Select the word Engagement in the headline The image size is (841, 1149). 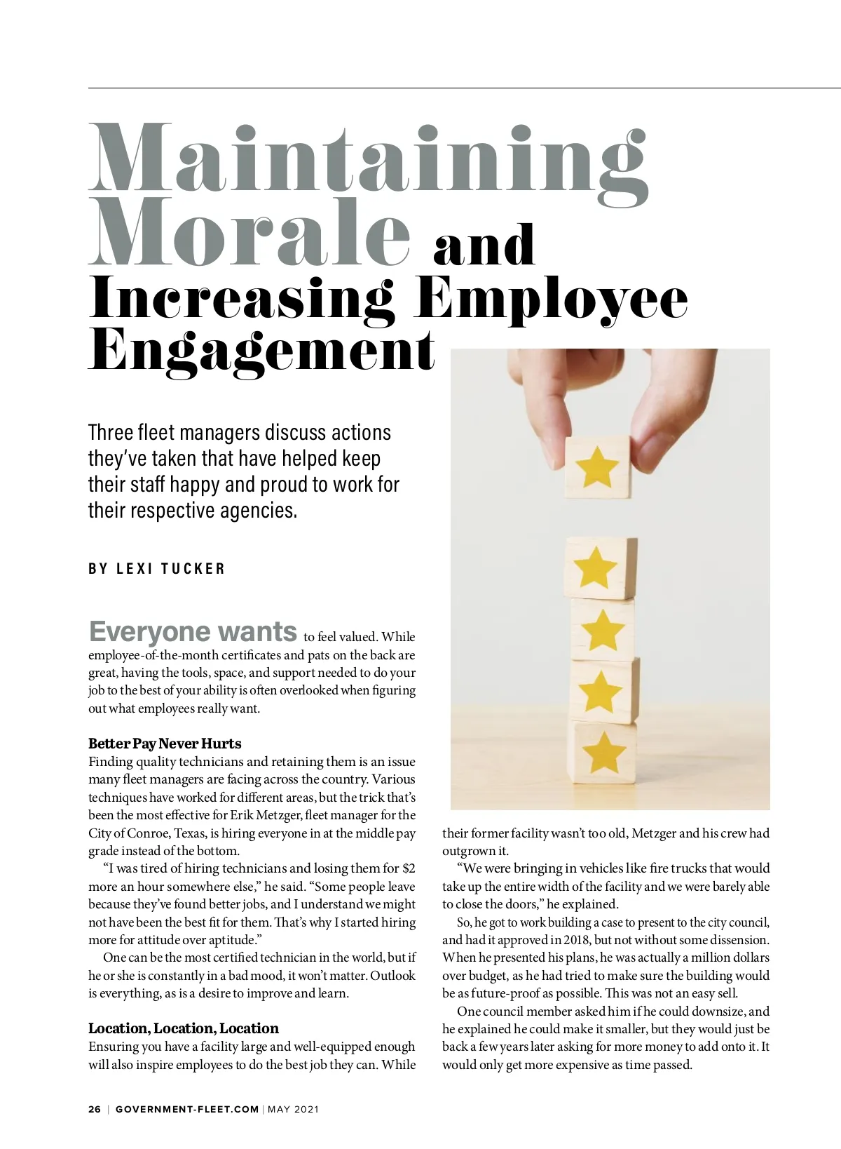click(261, 351)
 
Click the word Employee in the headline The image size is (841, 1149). click(550, 298)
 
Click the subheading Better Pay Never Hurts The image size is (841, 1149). click(165, 744)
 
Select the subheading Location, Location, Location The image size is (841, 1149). click(184, 1028)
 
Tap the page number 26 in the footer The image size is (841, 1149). click(95, 1109)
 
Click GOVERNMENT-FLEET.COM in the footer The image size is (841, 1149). click(187, 1109)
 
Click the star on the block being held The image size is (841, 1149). click(597, 466)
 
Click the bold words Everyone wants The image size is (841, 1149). click(193, 632)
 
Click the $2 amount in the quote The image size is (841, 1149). click(409, 868)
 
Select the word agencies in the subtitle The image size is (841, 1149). click(258, 511)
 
